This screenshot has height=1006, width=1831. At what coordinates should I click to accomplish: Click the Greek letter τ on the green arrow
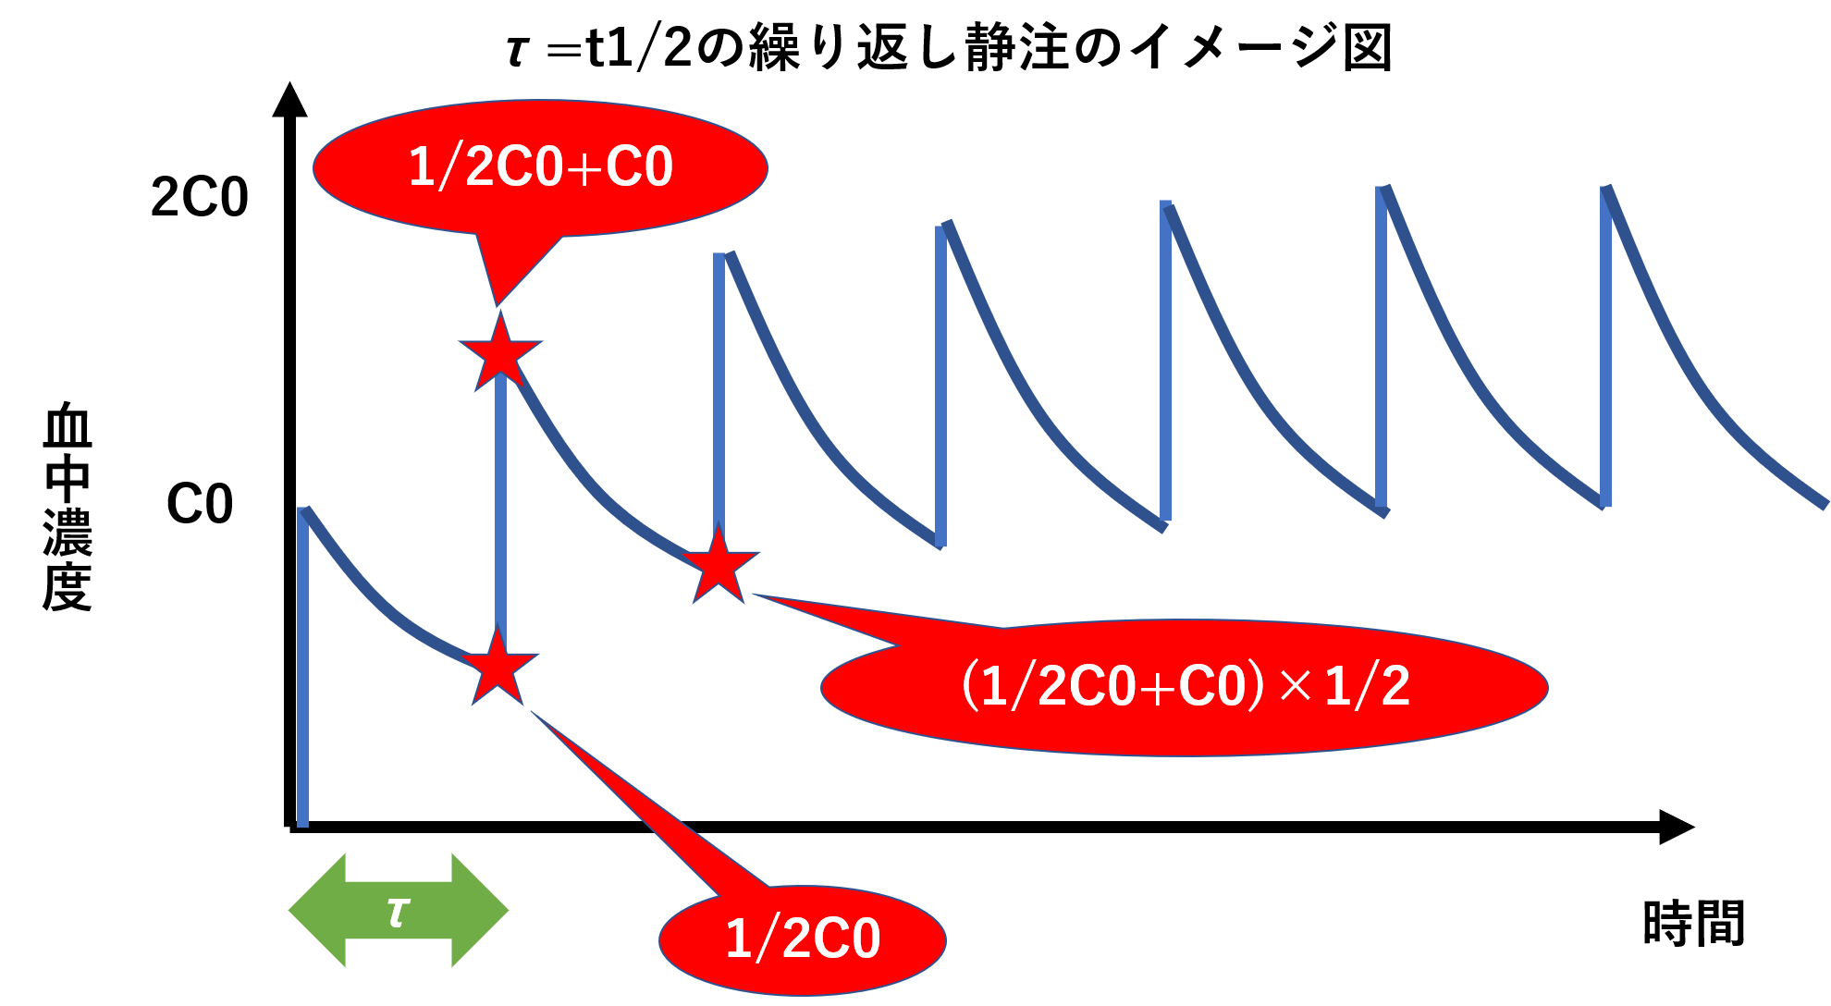[x=398, y=912]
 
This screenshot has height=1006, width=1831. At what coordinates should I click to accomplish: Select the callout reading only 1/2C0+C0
[x=540, y=167]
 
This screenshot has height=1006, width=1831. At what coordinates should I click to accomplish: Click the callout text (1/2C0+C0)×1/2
[x=1185, y=687]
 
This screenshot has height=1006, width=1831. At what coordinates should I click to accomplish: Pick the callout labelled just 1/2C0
[x=802, y=939]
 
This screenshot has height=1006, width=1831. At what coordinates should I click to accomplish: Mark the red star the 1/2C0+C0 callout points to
[x=500, y=352]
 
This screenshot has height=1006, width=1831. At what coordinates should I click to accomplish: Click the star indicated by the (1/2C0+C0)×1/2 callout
[x=719, y=564]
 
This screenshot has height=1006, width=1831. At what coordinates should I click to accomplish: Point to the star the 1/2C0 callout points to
[x=498, y=666]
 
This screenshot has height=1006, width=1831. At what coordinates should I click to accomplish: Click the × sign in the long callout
[x=1296, y=685]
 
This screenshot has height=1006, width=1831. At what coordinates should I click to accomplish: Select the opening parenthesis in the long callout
[x=970, y=686]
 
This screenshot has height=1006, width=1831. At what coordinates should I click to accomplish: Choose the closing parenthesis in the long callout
[x=1255, y=686]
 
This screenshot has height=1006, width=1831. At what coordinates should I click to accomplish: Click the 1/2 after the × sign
[x=1367, y=686]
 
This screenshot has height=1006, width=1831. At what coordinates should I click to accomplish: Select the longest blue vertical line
[x=302, y=666]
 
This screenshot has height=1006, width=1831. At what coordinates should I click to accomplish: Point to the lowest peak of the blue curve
[x=304, y=509]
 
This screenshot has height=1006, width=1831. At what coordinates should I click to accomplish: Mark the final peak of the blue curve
[x=1607, y=189]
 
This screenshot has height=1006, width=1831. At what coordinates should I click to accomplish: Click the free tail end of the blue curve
[x=1824, y=505]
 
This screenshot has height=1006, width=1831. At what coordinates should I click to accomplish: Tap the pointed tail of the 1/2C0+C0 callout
[x=498, y=303]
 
